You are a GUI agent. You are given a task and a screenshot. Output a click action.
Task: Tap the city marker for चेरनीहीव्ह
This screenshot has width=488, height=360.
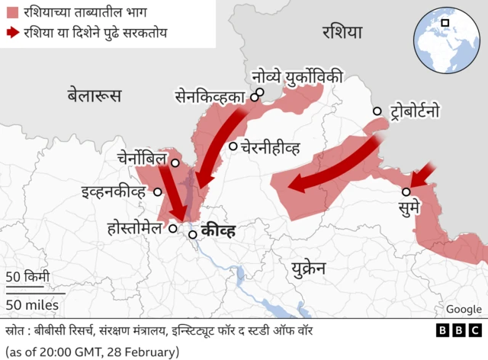coord(233,146)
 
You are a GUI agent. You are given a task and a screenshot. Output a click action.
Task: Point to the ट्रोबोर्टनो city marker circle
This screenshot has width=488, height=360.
coord(377,111)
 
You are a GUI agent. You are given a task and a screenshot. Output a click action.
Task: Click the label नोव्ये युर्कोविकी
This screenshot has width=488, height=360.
coord(297,76)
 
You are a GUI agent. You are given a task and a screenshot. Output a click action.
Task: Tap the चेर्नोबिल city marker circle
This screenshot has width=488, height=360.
coord(175,162)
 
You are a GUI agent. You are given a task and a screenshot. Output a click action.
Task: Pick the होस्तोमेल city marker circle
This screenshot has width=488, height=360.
coord(173,227)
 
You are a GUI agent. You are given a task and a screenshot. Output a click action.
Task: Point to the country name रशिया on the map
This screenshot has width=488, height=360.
coord(342,32)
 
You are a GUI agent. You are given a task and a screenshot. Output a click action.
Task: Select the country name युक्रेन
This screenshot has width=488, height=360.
coord(308,268)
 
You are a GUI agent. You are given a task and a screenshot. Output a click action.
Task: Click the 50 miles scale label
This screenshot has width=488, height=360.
coord(32,305)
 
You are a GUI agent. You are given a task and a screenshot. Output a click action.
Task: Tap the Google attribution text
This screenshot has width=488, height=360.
coord(464,309)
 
